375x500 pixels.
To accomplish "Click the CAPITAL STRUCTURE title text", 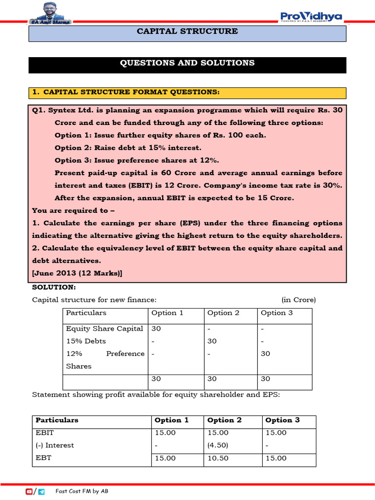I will (187, 31).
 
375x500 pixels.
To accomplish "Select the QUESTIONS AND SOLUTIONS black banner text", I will (187, 63).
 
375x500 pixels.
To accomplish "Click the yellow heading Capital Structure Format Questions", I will (125, 92).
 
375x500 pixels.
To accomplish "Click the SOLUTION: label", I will (54, 287).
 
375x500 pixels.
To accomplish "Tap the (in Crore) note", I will (298, 300).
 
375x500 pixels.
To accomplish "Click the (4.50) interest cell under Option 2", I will (217, 445).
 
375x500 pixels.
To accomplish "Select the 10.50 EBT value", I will (217, 458).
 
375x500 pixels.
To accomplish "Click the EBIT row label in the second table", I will (45, 433).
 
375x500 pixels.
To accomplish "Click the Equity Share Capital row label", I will (104, 329).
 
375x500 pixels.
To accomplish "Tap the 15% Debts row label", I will (86, 341).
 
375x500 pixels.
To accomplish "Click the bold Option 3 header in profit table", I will (282, 420).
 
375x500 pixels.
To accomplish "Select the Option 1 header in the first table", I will (167, 313).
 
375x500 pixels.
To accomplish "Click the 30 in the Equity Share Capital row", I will (156, 329).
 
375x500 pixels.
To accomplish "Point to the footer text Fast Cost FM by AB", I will (82, 491).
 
